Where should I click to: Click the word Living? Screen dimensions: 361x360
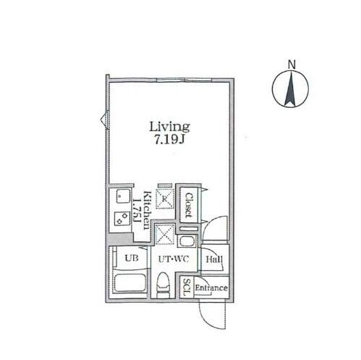click(x=169, y=127)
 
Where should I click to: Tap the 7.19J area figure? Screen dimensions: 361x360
click(x=169, y=139)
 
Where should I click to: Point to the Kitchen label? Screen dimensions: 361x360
click(x=148, y=210)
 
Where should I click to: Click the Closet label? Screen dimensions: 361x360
click(x=190, y=205)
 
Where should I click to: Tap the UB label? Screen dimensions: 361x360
click(x=132, y=259)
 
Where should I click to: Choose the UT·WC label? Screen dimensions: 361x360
click(x=173, y=259)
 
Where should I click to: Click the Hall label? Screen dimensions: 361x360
click(x=214, y=259)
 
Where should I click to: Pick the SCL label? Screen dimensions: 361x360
click(x=187, y=288)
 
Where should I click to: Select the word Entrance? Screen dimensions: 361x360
click(x=211, y=288)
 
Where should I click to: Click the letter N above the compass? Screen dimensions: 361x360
click(x=292, y=64)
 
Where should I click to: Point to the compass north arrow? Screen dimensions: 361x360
click(x=290, y=89)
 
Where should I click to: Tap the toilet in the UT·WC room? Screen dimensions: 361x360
click(x=163, y=285)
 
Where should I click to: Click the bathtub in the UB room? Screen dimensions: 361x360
click(x=130, y=283)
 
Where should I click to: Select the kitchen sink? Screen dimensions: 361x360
click(x=123, y=196)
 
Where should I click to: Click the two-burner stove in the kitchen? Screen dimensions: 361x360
click(x=122, y=219)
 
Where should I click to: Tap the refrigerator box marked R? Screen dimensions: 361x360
click(x=165, y=198)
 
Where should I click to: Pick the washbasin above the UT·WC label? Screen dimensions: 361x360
click(x=187, y=241)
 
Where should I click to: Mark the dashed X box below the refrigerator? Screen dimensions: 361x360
click(x=164, y=234)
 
